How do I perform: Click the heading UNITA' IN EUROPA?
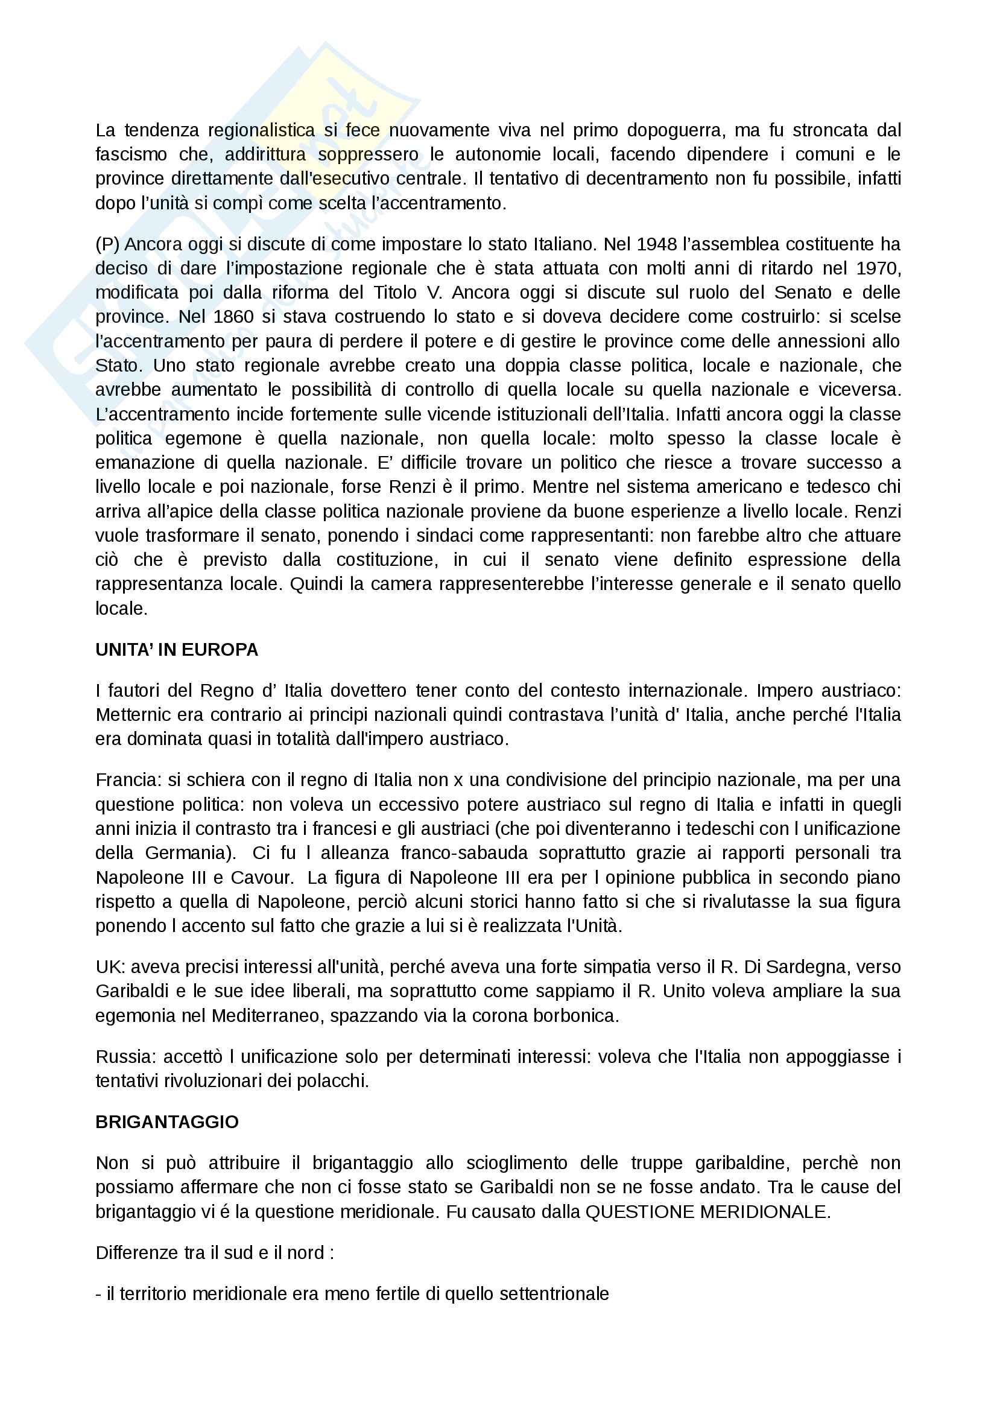176,650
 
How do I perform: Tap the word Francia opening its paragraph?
128,780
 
